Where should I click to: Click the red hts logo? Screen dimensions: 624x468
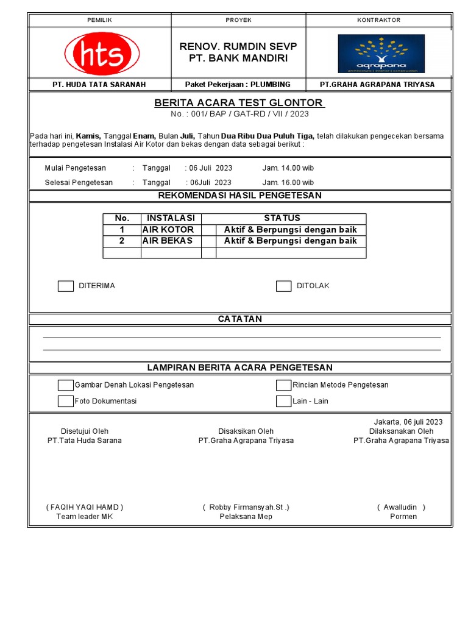pos(101,53)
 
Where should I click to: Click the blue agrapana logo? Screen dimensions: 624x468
pos(381,54)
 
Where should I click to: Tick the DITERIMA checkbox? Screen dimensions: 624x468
pos(66,286)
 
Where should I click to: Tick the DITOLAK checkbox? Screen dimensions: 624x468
pos(283,286)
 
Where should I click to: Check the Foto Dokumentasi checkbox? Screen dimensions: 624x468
pos(66,401)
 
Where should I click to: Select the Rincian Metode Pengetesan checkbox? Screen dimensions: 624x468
pos(283,385)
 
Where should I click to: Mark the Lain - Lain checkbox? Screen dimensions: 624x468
pos(283,401)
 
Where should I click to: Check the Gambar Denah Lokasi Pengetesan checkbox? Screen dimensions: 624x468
pos(66,385)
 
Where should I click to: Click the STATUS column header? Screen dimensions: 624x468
pos(282,218)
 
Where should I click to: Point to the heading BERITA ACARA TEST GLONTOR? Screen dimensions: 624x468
pos(239,102)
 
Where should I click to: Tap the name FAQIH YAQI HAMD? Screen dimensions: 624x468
pos(85,507)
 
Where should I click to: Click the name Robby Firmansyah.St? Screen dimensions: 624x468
pos(246,507)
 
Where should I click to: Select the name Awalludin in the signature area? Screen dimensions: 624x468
pos(401,507)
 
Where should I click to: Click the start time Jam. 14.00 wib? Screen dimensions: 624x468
pos(288,168)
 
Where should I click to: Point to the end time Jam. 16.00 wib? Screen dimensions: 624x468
pos(288,182)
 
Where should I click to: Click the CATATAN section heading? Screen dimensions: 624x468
pos(240,319)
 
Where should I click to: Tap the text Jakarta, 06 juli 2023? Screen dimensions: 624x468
pos(408,422)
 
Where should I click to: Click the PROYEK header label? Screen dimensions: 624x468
pos(239,20)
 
